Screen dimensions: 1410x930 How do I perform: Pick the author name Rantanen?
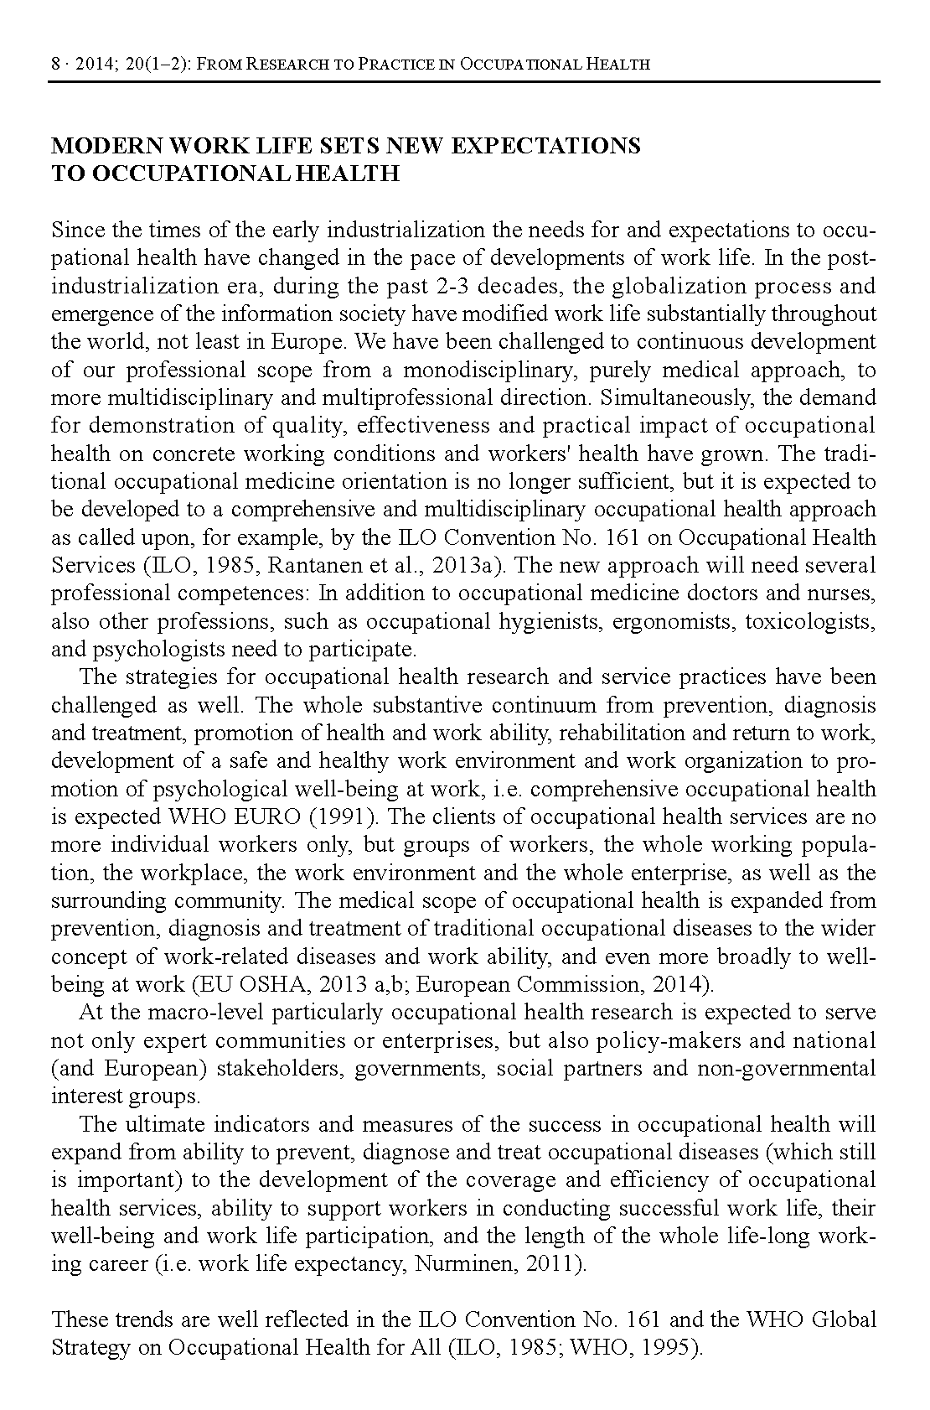[x=307, y=565]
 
